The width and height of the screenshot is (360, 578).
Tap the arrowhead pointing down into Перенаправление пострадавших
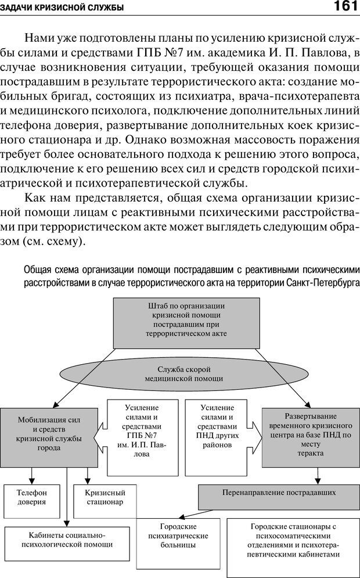(x=318, y=481)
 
